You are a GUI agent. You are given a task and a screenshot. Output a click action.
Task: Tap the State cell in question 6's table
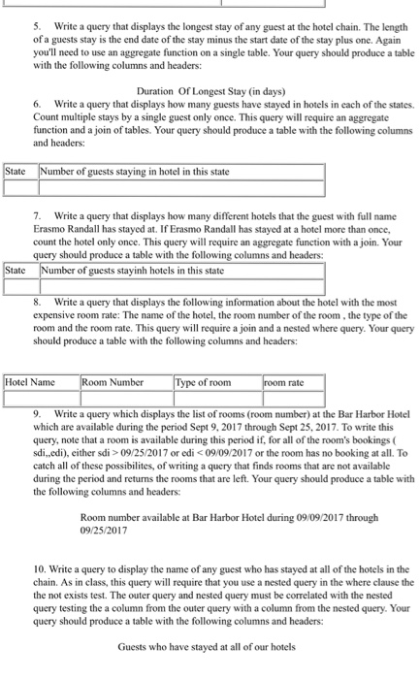(16, 173)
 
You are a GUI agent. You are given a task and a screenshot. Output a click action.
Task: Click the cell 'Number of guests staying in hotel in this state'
(135, 173)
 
